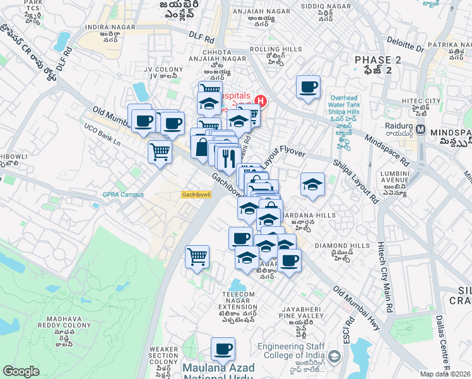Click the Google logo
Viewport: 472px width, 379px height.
pyautogui.click(x=21, y=371)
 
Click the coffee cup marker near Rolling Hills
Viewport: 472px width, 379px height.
pyautogui.click(x=308, y=87)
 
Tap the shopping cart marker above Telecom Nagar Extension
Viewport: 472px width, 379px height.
pyautogui.click(x=198, y=257)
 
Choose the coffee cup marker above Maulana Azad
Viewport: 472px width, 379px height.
pyautogui.click(x=223, y=349)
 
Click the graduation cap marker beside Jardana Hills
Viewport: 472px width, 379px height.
pyautogui.click(x=312, y=184)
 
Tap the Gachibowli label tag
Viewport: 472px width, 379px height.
pyautogui.click(x=196, y=195)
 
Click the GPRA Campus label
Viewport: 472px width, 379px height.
pyautogui.click(x=123, y=195)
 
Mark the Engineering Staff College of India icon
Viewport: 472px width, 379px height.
pyautogui.click(x=334, y=357)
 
